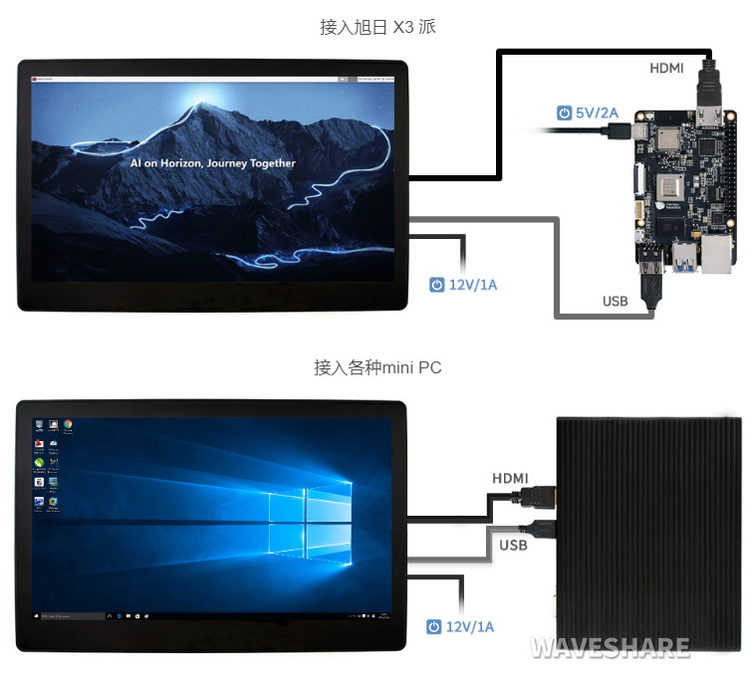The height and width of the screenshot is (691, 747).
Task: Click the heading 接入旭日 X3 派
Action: point(377,27)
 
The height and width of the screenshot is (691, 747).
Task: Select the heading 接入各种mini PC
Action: point(377,367)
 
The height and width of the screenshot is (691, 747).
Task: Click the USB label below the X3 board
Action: point(616,301)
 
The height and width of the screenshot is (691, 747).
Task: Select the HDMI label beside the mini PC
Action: point(510,478)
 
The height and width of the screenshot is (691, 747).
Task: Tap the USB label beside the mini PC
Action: point(513,545)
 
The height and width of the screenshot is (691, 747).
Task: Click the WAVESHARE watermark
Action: point(610,647)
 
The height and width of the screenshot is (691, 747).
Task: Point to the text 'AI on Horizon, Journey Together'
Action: point(213,162)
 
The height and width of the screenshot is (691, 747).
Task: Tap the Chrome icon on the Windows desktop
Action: point(68,425)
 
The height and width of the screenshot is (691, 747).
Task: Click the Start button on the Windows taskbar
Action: point(37,617)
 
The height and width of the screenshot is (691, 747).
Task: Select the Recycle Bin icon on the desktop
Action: point(39,425)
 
